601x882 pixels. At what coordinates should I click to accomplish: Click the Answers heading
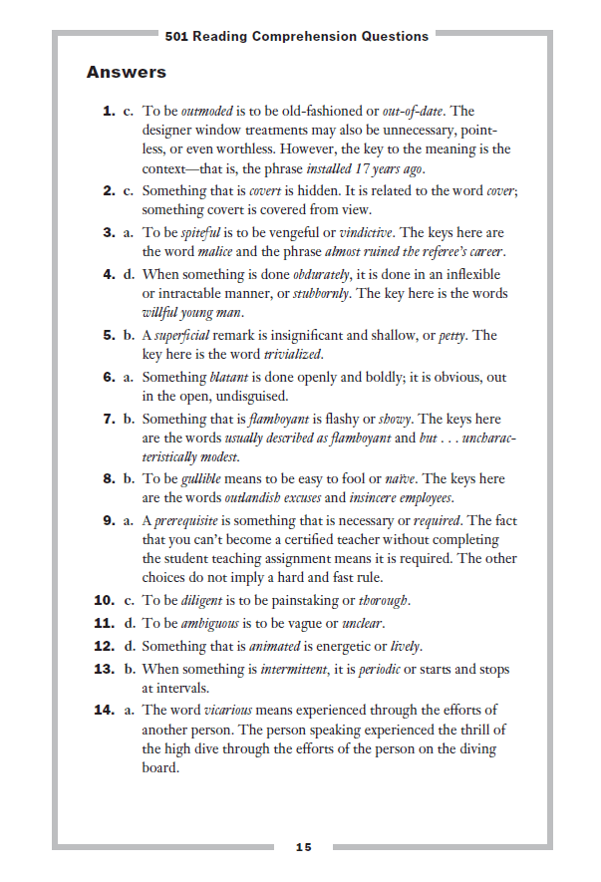click(x=126, y=72)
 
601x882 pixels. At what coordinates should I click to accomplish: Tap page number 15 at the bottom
click(x=303, y=847)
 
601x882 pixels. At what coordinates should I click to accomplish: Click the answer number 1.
click(x=110, y=112)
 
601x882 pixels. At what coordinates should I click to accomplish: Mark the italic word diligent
click(x=202, y=601)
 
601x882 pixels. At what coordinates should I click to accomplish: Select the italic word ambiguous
click(x=210, y=622)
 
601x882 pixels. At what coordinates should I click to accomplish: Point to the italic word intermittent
click(x=296, y=669)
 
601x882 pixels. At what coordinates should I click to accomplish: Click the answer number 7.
click(x=110, y=420)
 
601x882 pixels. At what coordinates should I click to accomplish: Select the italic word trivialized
click(x=295, y=354)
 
